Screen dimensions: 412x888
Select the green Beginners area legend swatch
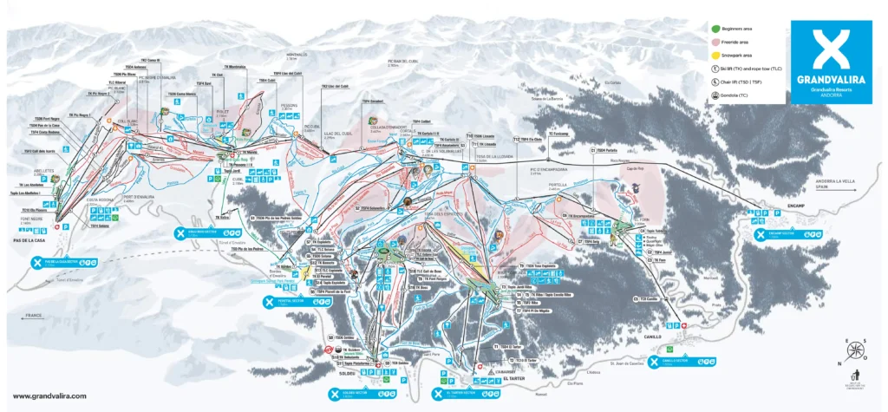pos(702,29)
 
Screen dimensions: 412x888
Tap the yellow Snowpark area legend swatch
pos(702,54)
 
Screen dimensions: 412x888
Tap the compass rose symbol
pos(855,351)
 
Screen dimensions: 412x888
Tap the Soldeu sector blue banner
pos(353,393)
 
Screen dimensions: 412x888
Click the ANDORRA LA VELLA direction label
pos(833,183)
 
